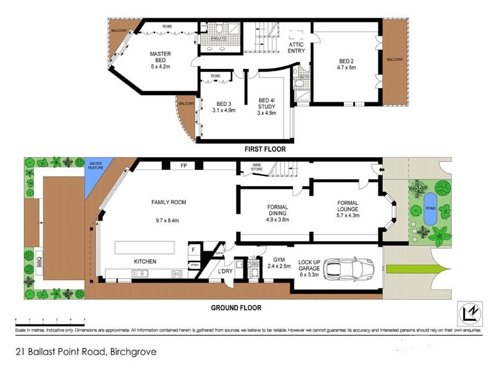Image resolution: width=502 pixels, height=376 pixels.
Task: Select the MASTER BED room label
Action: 160,58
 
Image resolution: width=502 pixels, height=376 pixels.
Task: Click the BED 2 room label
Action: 346,61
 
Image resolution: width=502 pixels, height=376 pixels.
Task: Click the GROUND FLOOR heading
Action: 236,308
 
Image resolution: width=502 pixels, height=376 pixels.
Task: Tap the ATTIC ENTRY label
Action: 296,48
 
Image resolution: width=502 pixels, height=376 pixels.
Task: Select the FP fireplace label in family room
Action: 184,167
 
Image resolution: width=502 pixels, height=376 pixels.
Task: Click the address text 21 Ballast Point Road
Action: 85,352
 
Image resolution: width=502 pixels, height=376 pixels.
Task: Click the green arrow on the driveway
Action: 414,269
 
